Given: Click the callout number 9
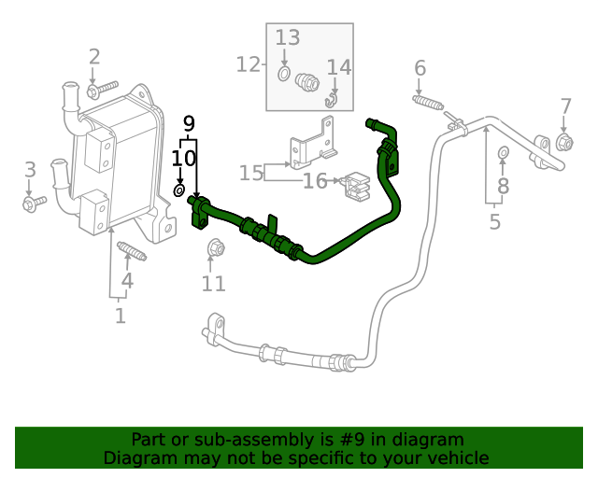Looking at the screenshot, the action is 189,123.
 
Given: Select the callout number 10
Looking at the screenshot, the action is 183,158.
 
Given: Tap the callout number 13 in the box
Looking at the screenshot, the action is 288,37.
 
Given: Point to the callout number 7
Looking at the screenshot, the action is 565,106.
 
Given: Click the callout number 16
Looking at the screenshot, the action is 315,181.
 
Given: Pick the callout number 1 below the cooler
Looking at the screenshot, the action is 121,316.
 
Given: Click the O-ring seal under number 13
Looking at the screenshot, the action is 283,74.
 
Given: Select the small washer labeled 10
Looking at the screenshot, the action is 178,190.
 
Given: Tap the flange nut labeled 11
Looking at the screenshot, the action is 216,247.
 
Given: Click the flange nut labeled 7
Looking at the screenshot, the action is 564,143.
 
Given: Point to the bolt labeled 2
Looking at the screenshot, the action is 102,90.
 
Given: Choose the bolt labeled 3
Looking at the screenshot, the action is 34,204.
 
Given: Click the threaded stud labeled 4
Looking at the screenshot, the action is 132,251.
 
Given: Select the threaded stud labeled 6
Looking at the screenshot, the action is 428,102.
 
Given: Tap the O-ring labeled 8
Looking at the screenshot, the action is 504,152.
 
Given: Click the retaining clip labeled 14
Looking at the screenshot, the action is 331,100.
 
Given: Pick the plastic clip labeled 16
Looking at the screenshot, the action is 357,187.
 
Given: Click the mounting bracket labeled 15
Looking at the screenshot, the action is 314,143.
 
